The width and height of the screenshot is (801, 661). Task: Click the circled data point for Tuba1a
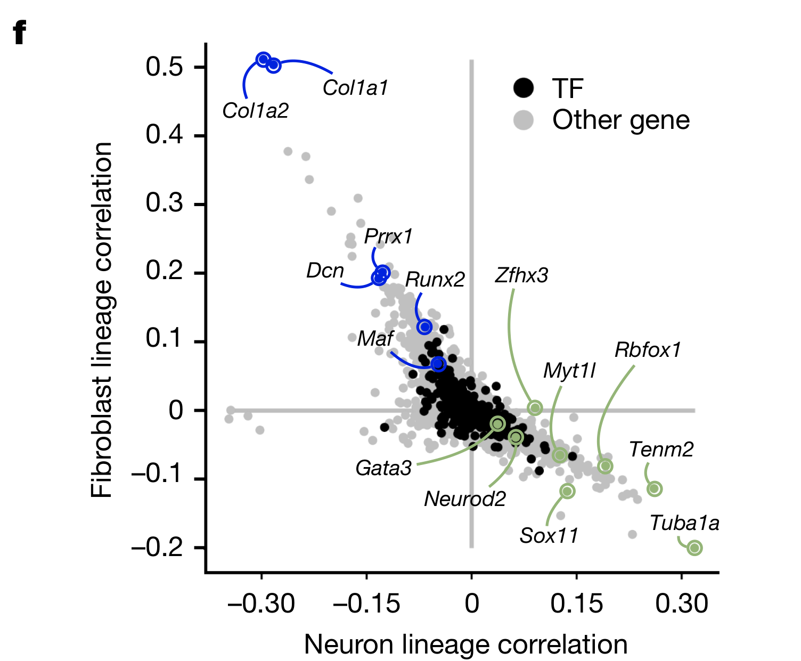click(x=694, y=548)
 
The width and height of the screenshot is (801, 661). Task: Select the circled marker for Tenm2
click(x=655, y=488)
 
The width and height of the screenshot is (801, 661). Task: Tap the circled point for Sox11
click(x=568, y=491)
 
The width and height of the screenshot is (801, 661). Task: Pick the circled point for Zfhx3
click(x=535, y=408)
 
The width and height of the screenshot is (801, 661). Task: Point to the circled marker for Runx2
click(x=424, y=327)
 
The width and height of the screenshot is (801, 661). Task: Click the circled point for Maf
click(x=438, y=364)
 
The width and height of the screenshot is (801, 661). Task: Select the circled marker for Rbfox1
click(x=605, y=466)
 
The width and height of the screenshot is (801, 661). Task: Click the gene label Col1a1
click(x=355, y=88)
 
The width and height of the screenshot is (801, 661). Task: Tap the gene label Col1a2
click(x=256, y=111)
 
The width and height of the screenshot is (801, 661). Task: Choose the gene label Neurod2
click(x=465, y=499)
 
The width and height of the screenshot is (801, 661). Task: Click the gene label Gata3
click(x=383, y=468)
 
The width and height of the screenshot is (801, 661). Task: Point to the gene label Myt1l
click(x=569, y=371)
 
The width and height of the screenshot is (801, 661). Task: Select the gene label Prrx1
click(x=388, y=236)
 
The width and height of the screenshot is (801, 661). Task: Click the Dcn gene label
click(x=325, y=271)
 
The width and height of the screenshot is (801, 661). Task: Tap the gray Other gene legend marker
click(x=524, y=120)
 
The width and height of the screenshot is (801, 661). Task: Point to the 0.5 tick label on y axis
click(x=164, y=67)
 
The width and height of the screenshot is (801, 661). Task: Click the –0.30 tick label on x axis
click(x=261, y=604)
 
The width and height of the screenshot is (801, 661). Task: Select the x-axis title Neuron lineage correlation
click(x=465, y=644)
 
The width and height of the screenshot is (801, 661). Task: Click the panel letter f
click(x=19, y=33)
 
